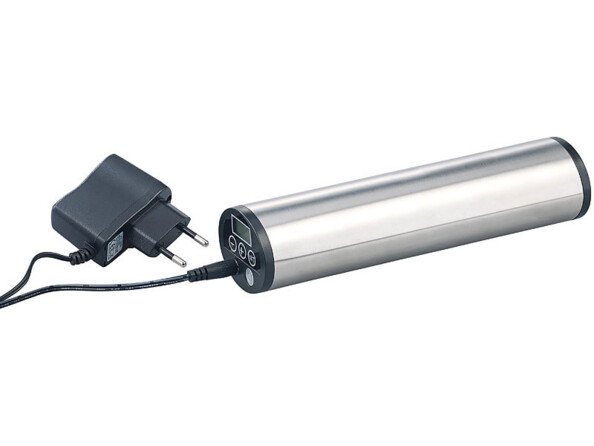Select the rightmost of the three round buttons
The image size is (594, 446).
click(251, 257)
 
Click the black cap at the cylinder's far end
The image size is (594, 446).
click(574, 175)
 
